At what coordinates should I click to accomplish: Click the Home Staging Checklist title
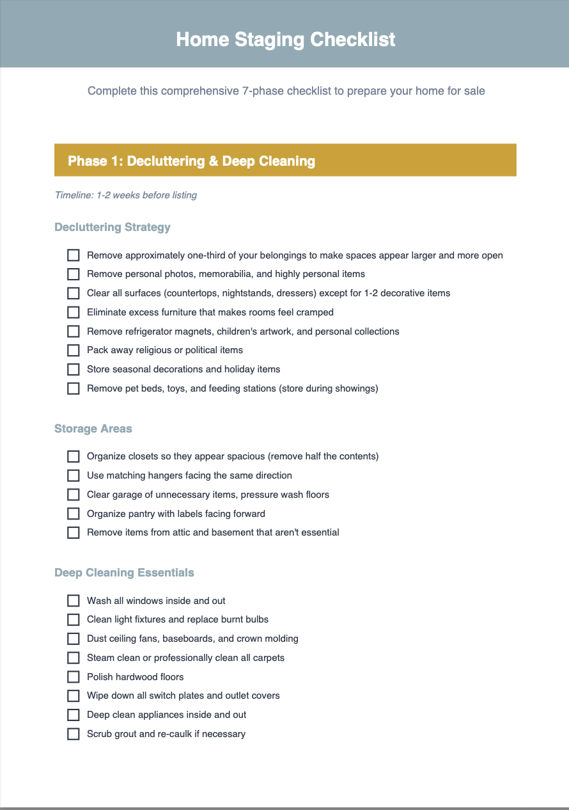click(285, 40)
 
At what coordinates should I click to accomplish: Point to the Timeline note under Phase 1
click(126, 195)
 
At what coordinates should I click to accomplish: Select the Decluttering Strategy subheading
click(113, 227)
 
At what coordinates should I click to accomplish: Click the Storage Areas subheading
click(93, 429)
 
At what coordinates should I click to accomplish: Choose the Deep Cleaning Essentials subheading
click(124, 573)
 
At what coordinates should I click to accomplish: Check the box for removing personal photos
click(74, 274)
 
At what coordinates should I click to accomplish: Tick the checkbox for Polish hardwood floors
click(74, 677)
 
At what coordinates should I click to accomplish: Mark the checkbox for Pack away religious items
click(74, 351)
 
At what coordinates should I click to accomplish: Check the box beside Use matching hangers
click(74, 476)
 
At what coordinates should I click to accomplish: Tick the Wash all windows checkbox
click(74, 601)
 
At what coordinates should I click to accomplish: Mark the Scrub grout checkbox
click(74, 735)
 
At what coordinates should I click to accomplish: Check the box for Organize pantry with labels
click(74, 514)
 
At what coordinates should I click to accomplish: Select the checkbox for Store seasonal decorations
click(74, 370)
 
